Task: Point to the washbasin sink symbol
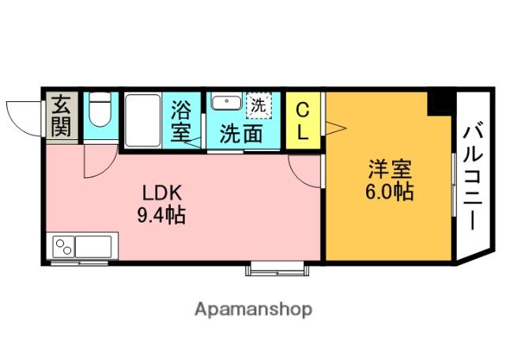(x=228, y=102)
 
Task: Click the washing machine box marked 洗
(x=259, y=104)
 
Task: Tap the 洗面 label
(x=241, y=132)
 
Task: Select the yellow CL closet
(x=303, y=121)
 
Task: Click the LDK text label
(x=162, y=192)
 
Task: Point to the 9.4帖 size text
(x=162, y=214)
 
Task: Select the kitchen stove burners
(x=62, y=247)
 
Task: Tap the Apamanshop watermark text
(x=253, y=309)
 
